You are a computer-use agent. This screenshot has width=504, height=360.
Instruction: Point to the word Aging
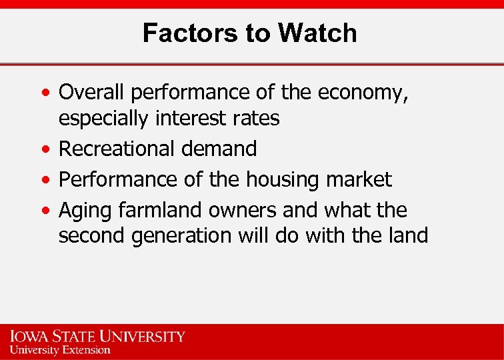[x=85, y=210]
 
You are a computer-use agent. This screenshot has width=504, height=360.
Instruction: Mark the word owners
[x=243, y=210]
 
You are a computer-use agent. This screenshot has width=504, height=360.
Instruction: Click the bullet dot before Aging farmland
[x=44, y=211]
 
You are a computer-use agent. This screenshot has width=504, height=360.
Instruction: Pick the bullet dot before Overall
[x=44, y=93]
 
